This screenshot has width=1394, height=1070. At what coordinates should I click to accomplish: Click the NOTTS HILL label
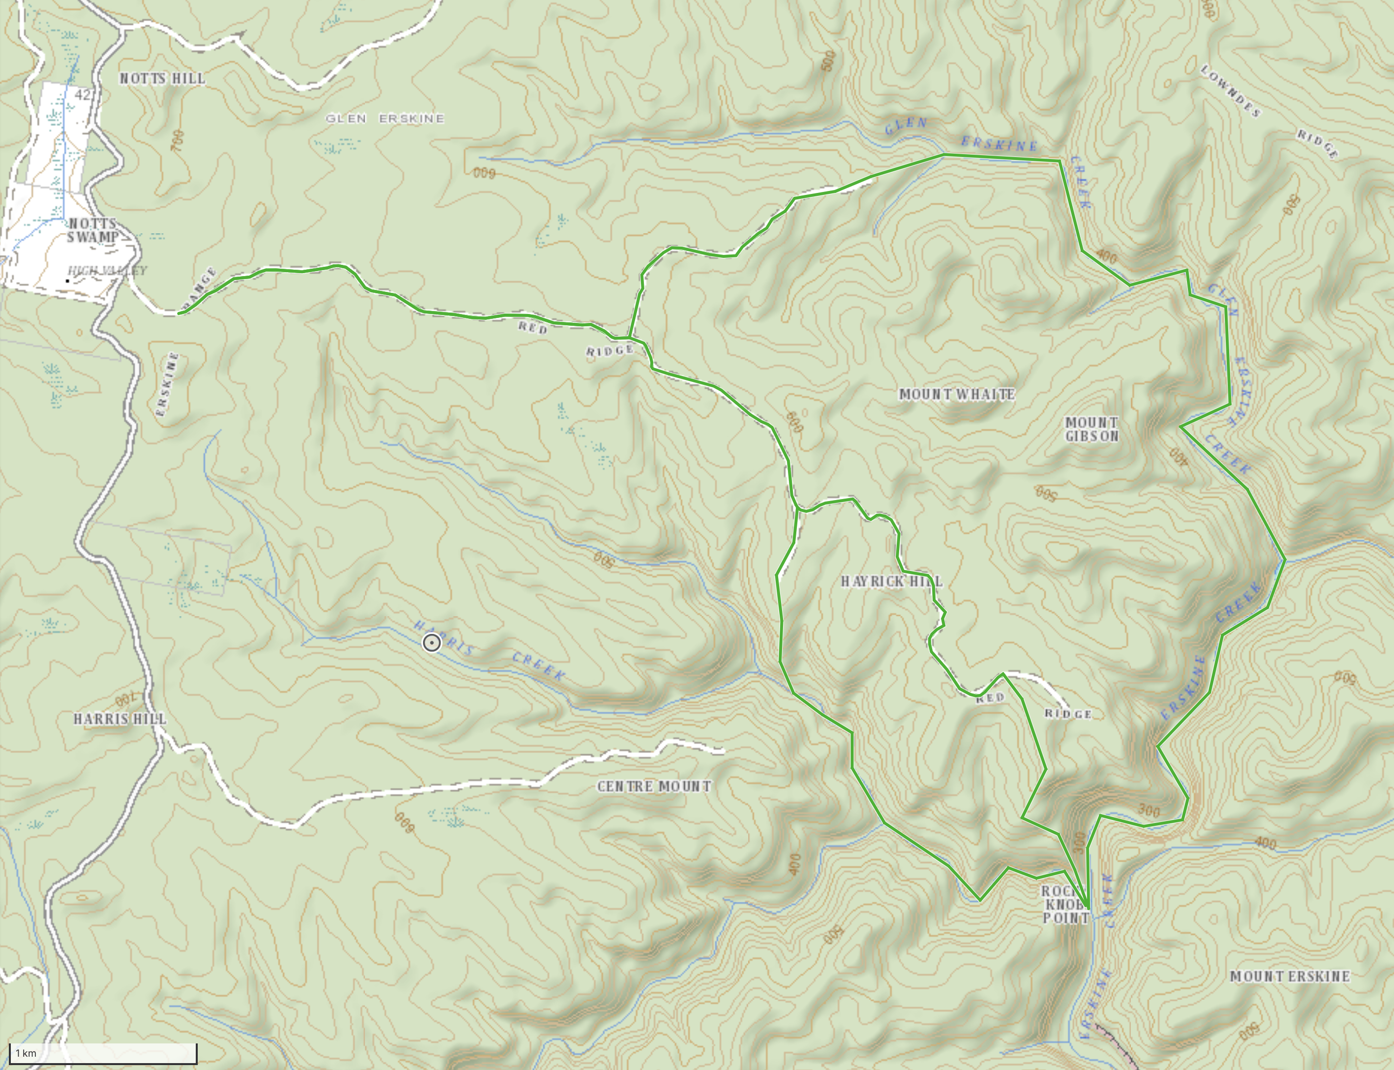pos(162,78)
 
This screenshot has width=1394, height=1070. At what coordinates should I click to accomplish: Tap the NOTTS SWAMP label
pos(93,230)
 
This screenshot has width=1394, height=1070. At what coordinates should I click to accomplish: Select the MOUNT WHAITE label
pos(957,394)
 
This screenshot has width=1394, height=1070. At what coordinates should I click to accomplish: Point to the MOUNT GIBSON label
pos(1091,429)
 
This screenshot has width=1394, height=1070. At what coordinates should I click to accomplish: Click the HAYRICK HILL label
pos(891,581)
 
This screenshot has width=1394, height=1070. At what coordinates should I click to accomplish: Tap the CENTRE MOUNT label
pos(654,786)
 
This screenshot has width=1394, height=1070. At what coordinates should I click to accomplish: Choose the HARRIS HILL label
pos(120,719)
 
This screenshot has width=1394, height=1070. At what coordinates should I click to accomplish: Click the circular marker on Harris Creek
pos(431,643)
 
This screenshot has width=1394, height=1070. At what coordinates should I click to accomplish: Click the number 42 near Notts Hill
pos(82,95)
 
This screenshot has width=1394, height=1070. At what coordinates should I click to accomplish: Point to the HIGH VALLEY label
pos(107,271)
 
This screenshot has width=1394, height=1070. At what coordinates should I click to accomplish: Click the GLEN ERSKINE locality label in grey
pos(385,119)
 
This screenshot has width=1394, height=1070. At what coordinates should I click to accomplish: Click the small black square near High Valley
pos(67,280)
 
